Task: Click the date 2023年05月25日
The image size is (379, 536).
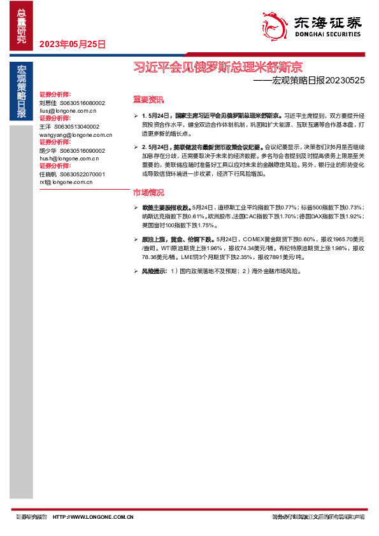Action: click(x=72, y=45)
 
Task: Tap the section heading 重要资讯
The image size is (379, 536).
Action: click(x=148, y=99)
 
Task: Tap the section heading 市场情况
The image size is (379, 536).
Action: click(x=148, y=192)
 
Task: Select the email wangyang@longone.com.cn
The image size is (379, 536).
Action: click(x=75, y=135)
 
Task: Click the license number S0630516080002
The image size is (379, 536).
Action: click(x=82, y=102)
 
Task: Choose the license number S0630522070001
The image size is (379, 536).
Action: click(x=82, y=174)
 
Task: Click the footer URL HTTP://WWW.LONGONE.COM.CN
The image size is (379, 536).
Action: click(x=92, y=517)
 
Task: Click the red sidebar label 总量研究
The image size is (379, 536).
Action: click(x=22, y=25)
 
